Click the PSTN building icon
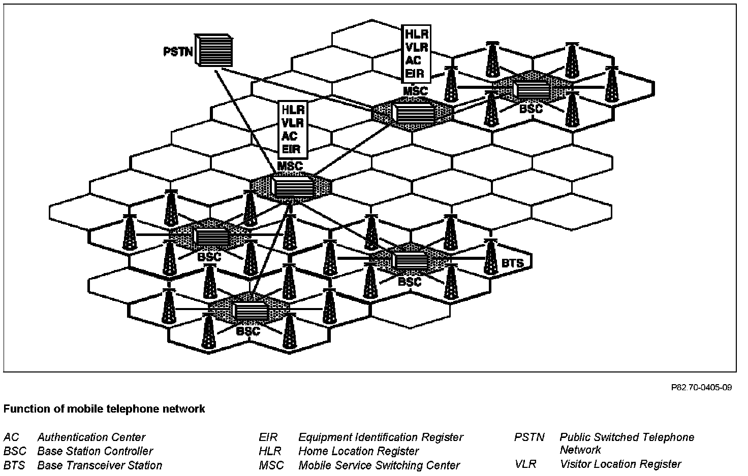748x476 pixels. tap(213, 51)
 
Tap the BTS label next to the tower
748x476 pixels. tap(512, 263)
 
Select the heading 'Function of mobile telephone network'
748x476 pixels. tap(104, 409)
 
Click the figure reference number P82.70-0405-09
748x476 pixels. tap(701, 388)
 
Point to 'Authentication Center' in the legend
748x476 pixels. tap(91, 437)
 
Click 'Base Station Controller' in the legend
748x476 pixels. tap(95, 451)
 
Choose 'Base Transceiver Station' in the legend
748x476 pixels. tap(100, 465)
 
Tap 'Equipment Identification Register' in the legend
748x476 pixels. tap(381, 437)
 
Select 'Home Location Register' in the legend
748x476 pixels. tap(358, 451)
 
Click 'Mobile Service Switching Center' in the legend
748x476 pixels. tap(379, 465)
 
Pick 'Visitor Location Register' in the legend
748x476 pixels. tap(620, 464)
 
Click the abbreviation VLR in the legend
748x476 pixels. tap(525, 464)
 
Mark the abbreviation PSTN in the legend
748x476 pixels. tap(529, 437)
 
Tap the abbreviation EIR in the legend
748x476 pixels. tap(268, 437)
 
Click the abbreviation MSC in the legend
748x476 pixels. tap(271, 465)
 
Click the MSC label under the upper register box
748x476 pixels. tap(416, 91)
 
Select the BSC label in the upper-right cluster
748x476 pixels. tap(532, 109)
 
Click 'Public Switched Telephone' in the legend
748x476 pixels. tap(627, 437)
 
